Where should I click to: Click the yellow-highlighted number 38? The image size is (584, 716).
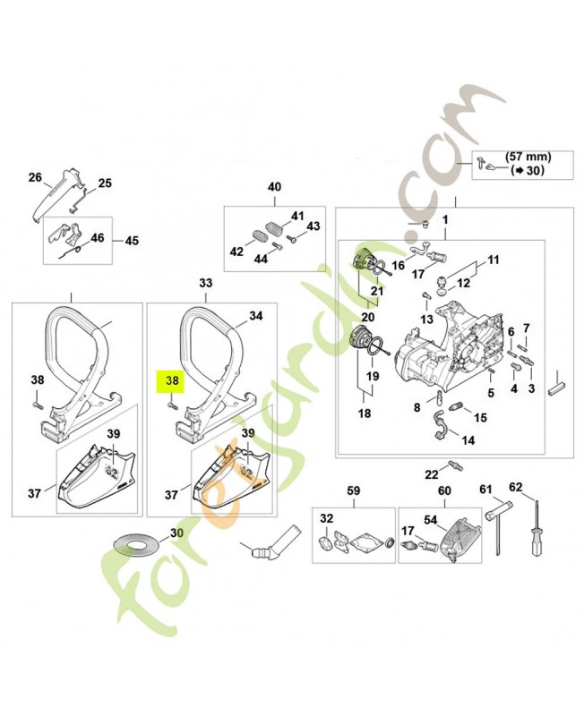pyautogui.click(x=171, y=379)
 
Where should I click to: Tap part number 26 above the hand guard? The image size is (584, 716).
pyautogui.click(x=35, y=177)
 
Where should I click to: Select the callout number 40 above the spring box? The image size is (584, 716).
pyautogui.click(x=274, y=187)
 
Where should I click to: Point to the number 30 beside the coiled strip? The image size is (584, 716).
pyautogui.click(x=176, y=533)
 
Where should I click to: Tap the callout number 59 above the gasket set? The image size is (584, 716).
pyautogui.click(x=353, y=490)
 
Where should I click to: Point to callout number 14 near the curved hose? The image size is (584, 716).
pyautogui.click(x=468, y=439)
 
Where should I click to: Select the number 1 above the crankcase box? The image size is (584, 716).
pyautogui.click(x=444, y=220)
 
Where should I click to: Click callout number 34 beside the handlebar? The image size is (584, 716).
pyautogui.click(x=255, y=316)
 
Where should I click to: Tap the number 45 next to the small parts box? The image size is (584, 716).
pyautogui.click(x=132, y=241)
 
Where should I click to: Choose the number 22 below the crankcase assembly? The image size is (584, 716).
pyautogui.click(x=431, y=473)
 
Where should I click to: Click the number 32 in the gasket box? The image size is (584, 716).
pyautogui.click(x=326, y=520)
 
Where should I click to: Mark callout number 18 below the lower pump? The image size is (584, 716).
pyautogui.click(x=365, y=413)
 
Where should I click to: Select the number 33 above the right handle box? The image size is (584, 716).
pyautogui.click(x=206, y=283)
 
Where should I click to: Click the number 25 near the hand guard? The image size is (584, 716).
pyautogui.click(x=105, y=183)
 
